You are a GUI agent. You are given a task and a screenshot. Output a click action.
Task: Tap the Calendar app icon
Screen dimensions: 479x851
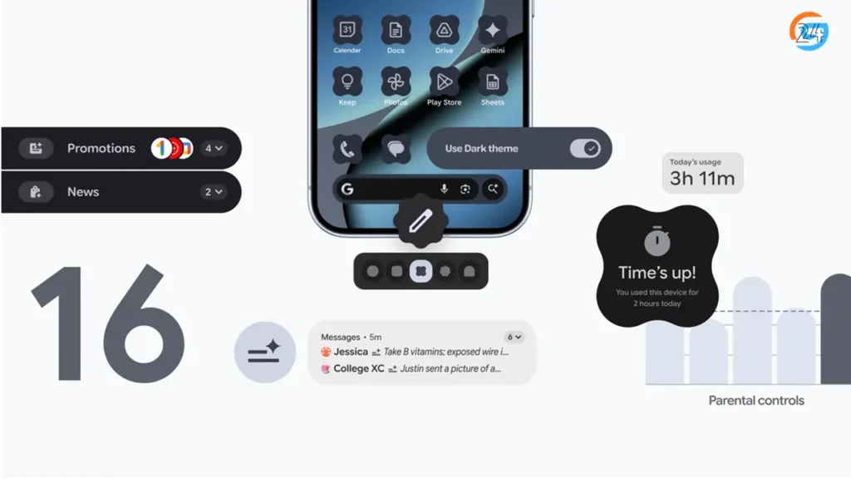click(x=347, y=31)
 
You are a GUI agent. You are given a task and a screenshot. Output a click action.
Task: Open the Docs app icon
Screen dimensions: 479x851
click(x=396, y=31)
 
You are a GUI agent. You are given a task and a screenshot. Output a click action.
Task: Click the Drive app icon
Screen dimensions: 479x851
click(x=445, y=31)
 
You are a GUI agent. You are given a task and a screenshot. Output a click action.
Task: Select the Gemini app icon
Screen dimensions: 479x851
click(x=493, y=31)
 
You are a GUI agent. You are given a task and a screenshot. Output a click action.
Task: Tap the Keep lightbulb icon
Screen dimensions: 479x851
click(x=347, y=81)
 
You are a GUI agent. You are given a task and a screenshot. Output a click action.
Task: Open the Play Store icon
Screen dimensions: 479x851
click(x=445, y=81)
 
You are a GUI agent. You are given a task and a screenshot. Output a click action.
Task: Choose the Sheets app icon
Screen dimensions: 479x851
click(x=493, y=81)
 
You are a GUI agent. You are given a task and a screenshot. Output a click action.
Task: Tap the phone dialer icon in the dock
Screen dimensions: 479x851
click(x=347, y=149)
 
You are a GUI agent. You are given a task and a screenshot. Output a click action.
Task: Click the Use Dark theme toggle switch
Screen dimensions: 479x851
click(x=585, y=148)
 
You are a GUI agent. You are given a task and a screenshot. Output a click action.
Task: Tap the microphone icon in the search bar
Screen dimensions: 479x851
click(x=444, y=190)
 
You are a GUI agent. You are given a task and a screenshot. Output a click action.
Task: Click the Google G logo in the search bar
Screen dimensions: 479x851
click(x=347, y=190)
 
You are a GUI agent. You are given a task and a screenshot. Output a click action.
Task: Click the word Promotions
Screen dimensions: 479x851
click(x=101, y=148)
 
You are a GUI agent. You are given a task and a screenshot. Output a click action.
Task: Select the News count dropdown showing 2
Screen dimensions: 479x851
click(x=214, y=192)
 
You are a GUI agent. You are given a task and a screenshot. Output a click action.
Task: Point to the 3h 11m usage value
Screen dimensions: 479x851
click(x=702, y=178)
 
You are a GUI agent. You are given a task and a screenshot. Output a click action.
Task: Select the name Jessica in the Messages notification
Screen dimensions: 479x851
click(x=351, y=352)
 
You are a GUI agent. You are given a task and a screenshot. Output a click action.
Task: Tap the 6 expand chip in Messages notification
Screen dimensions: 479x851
click(x=514, y=337)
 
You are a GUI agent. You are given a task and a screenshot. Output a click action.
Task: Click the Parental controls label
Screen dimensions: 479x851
click(x=756, y=400)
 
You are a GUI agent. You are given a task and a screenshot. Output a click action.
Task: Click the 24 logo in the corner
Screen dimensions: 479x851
click(x=809, y=32)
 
